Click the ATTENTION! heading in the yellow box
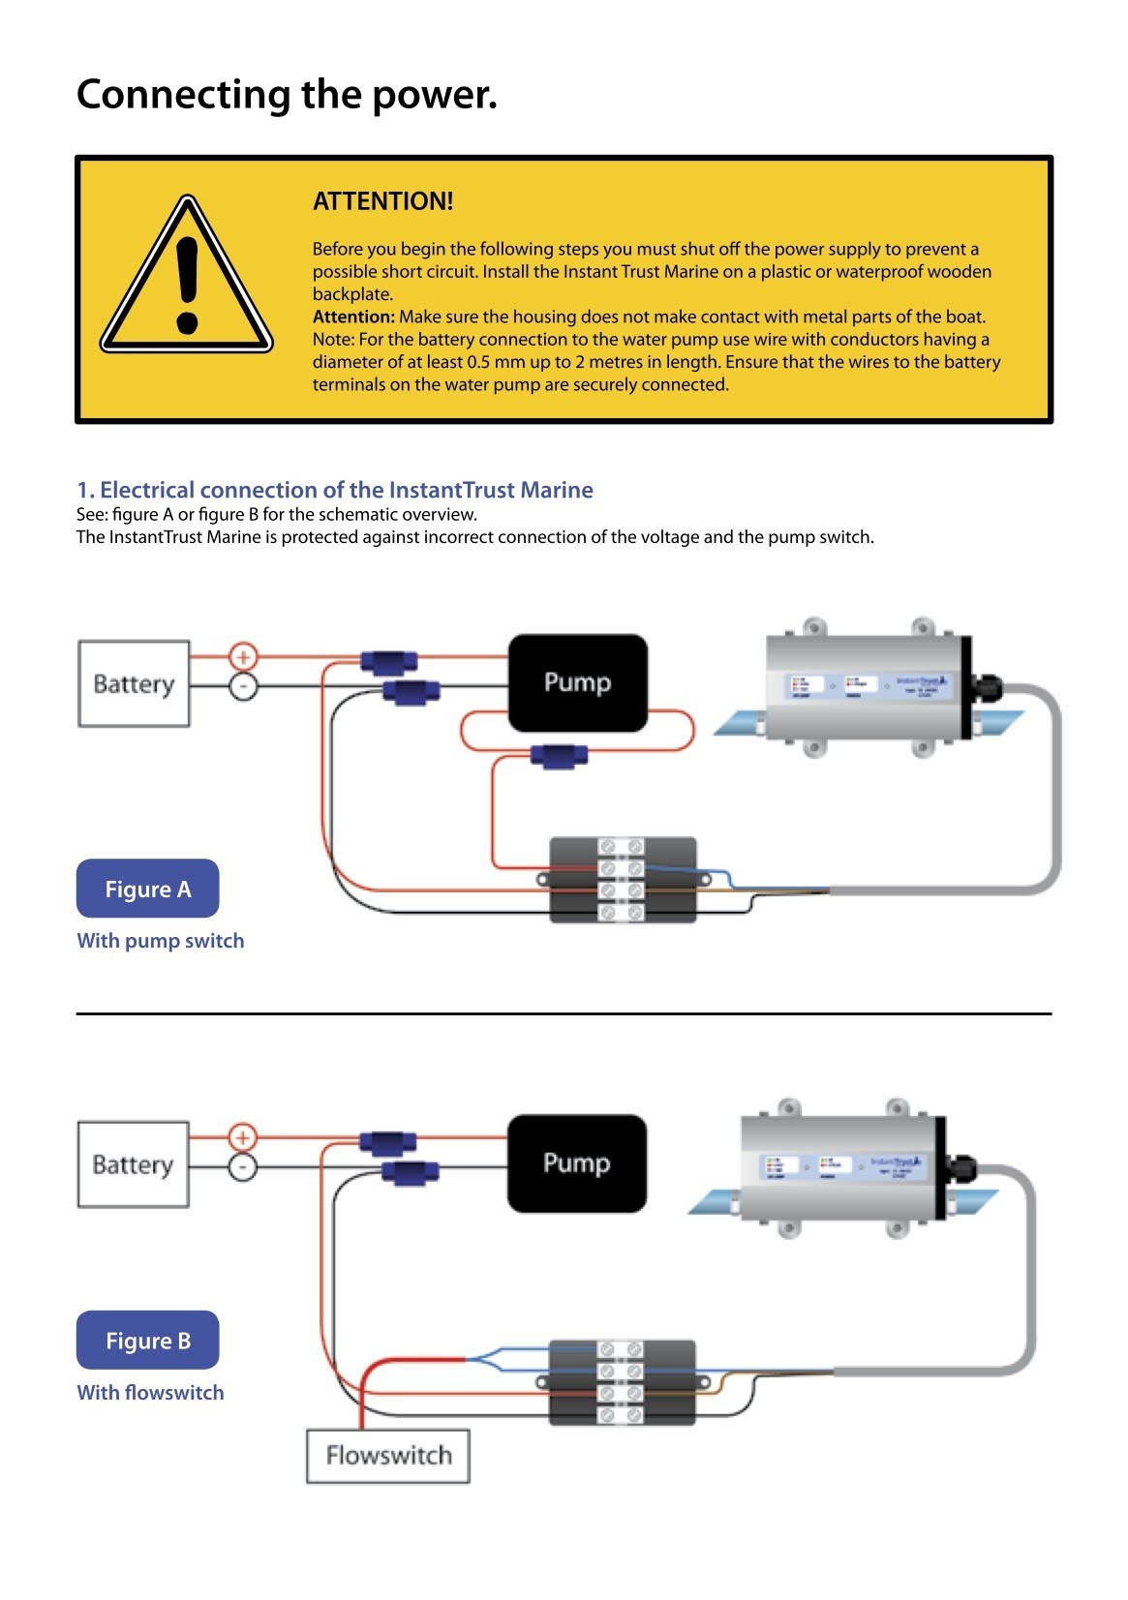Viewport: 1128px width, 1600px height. (x=382, y=201)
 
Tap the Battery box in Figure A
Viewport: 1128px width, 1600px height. (x=134, y=683)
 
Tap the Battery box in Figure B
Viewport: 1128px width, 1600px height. (x=133, y=1163)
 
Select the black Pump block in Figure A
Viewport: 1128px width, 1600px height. (x=577, y=682)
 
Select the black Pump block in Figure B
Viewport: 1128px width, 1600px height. (x=576, y=1162)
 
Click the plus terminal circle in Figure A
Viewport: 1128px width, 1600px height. (x=243, y=657)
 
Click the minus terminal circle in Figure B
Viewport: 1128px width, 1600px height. (x=242, y=1167)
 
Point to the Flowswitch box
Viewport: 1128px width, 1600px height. (x=388, y=1456)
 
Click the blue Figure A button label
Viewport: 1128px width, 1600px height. (x=147, y=889)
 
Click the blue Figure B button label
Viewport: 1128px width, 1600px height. (x=147, y=1341)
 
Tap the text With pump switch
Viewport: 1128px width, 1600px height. (x=161, y=941)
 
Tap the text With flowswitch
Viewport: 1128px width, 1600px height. (x=150, y=1393)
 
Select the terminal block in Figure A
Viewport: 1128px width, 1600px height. (x=623, y=880)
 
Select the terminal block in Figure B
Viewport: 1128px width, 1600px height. (x=622, y=1382)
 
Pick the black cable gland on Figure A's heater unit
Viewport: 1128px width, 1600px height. (x=989, y=690)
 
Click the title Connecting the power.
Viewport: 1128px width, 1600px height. (x=287, y=95)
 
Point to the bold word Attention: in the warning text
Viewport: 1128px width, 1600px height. (x=353, y=317)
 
